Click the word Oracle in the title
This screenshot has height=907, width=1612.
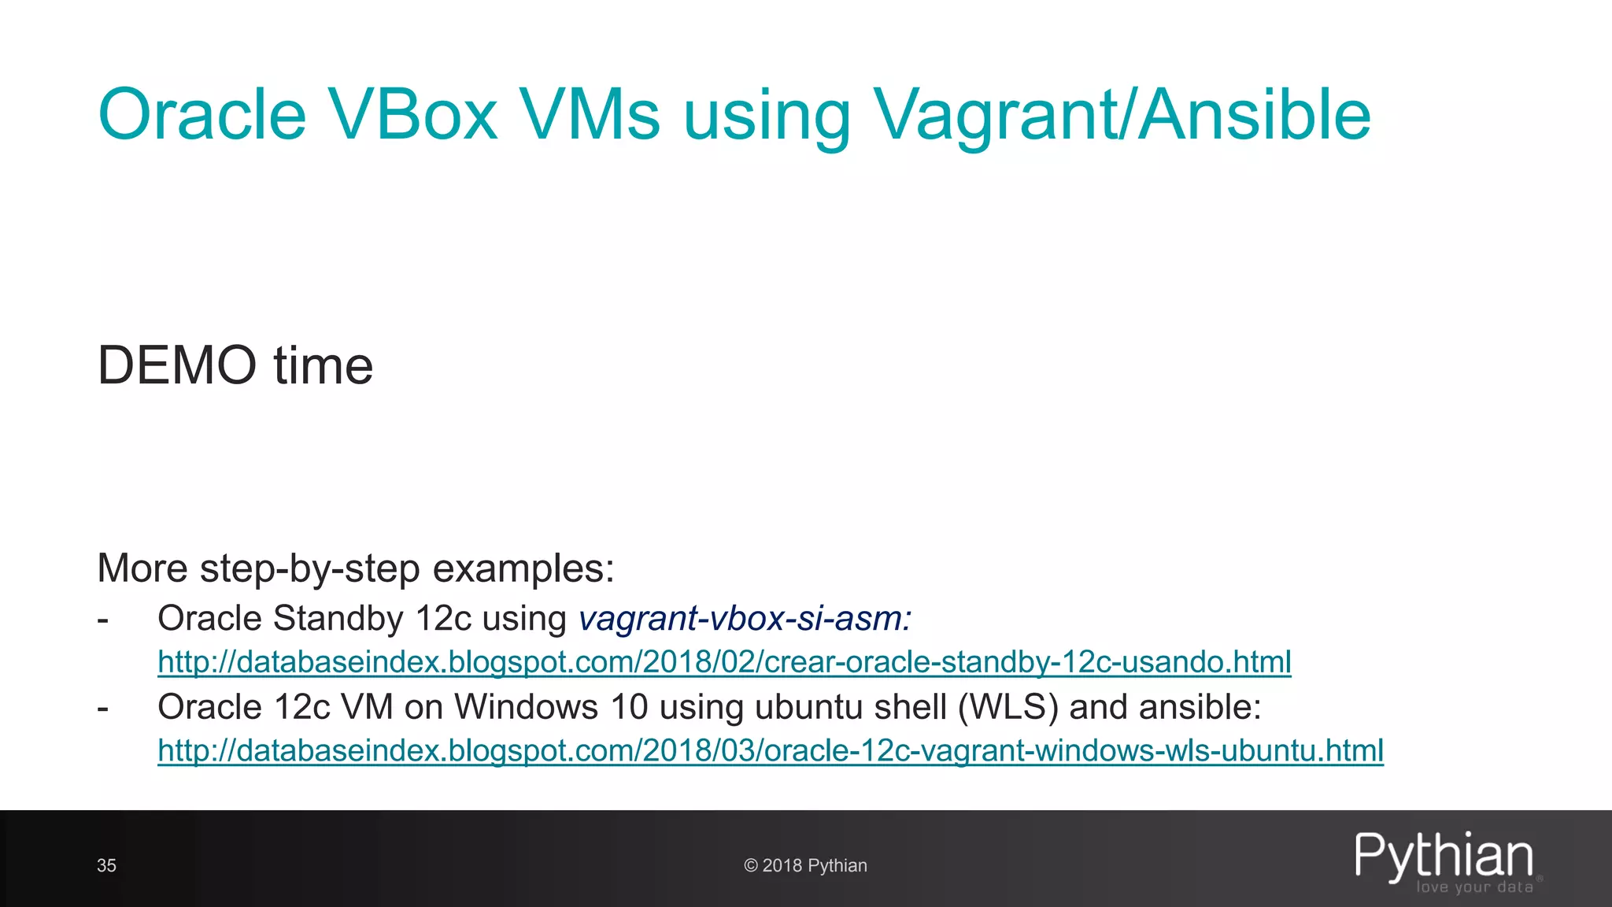coord(201,115)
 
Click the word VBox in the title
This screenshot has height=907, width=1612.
coord(412,115)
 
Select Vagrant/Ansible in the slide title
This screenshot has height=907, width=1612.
coord(1121,117)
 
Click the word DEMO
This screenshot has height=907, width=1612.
coord(177,365)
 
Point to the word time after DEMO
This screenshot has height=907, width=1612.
coord(324,365)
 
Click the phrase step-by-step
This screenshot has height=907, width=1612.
coord(310,568)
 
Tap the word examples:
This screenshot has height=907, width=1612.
coord(523,568)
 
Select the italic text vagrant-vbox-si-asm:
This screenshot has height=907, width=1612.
coord(745,619)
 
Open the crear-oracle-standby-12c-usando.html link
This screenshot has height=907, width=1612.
coord(724,662)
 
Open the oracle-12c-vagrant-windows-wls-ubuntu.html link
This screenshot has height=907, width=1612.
coord(771,750)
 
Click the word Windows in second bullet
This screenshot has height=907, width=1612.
coord(526,707)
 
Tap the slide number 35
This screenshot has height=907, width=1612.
coord(106,865)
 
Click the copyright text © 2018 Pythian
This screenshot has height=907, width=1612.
coord(805,865)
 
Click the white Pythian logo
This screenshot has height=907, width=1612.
coord(1444,856)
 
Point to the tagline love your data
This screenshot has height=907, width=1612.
coord(1474,887)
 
